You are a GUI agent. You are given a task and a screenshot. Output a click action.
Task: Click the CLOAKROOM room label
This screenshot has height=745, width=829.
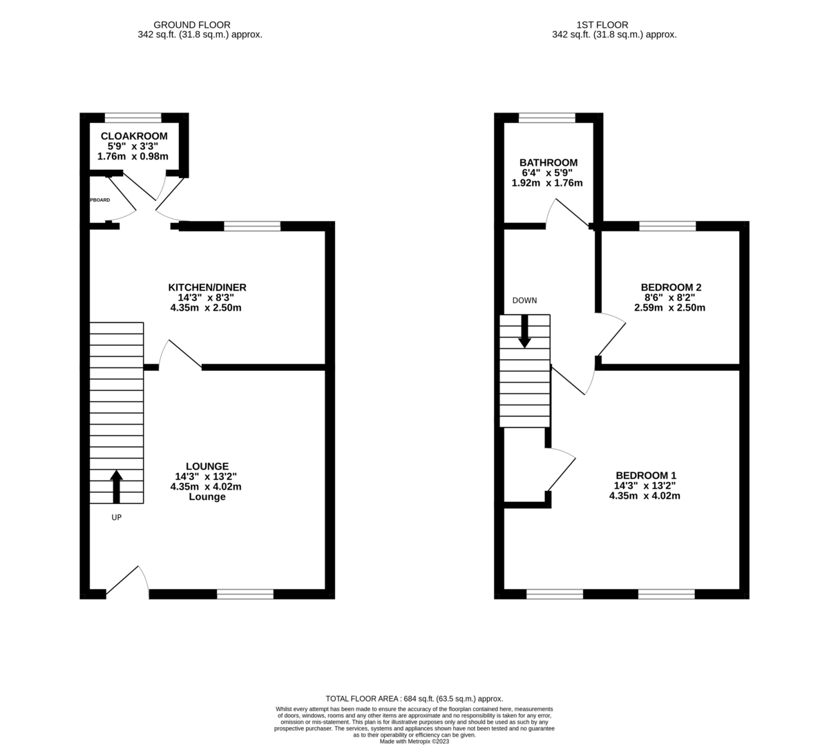[x=134, y=136]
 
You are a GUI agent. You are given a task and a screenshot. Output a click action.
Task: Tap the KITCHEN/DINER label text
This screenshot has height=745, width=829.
[x=207, y=287]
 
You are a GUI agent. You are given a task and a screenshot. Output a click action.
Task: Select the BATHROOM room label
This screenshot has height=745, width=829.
[x=549, y=163]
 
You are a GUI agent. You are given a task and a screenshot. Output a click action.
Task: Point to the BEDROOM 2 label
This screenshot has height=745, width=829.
[x=671, y=287]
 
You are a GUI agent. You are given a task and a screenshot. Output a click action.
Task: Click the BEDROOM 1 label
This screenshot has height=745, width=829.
[x=646, y=475]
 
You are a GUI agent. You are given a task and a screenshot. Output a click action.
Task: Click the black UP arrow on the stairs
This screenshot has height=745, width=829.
[x=116, y=486]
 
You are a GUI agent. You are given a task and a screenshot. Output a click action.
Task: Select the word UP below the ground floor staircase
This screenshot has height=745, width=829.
[x=116, y=517]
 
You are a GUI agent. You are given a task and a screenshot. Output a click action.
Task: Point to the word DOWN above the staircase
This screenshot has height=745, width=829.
[x=524, y=300]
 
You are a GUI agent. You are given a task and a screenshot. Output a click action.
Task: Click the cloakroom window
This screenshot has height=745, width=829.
[x=133, y=117]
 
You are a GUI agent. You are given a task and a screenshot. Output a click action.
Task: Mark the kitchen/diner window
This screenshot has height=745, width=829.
[x=252, y=226]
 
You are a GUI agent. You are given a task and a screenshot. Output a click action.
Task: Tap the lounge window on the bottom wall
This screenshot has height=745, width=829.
[x=245, y=594]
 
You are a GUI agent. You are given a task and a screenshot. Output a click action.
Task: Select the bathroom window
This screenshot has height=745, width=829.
[x=547, y=117]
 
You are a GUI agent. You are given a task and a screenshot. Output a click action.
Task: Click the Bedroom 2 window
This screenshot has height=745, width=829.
[x=667, y=226]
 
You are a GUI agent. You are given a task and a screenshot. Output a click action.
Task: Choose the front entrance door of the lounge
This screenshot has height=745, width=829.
[x=128, y=580]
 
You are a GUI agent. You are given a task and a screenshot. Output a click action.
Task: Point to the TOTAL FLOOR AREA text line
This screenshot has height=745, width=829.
[x=414, y=699]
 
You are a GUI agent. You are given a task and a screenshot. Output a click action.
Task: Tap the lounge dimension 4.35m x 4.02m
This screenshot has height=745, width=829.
[x=206, y=486]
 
